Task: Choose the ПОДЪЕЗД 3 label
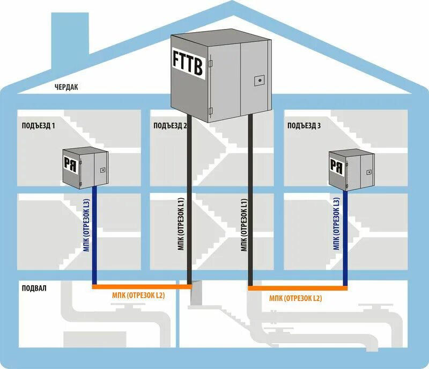click(304, 126)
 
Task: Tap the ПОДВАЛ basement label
click(33, 288)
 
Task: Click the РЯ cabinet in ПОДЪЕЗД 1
click(84, 168)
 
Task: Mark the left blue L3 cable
click(94, 236)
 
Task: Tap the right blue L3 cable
click(345, 236)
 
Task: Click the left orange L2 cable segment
click(142, 287)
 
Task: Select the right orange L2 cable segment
click(298, 289)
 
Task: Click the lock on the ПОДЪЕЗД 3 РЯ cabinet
click(368, 172)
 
